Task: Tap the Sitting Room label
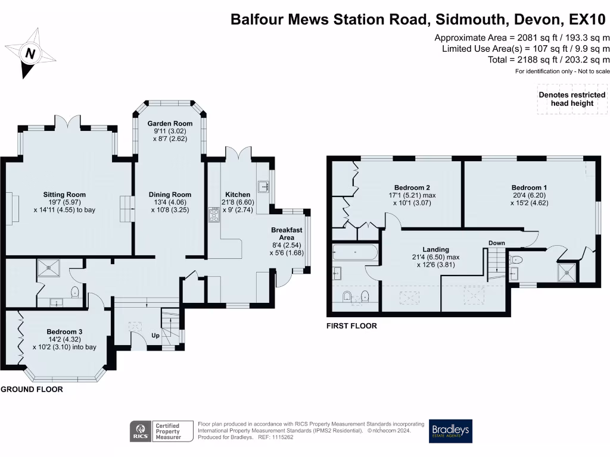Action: pyautogui.click(x=64, y=195)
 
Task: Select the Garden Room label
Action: pyautogui.click(x=170, y=123)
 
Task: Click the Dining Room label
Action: pyautogui.click(x=170, y=195)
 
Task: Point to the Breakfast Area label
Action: pyautogui.click(x=287, y=234)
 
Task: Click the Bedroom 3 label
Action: pyautogui.click(x=64, y=331)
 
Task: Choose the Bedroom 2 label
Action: pyautogui.click(x=412, y=187)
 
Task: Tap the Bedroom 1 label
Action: pyautogui.click(x=528, y=187)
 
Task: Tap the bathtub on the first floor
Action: pyautogui.click(x=355, y=253)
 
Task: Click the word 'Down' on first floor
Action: pyautogui.click(x=496, y=243)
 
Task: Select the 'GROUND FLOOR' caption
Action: pyautogui.click(x=31, y=389)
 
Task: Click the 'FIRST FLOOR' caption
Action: pyautogui.click(x=351, y=325)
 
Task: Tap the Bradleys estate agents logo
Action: pyautogui.click(x=450, y=431)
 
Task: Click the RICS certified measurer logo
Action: pyautogui.click(x=162, y=431)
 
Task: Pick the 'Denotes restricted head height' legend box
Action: pyautogui.click(x=572, y=99)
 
